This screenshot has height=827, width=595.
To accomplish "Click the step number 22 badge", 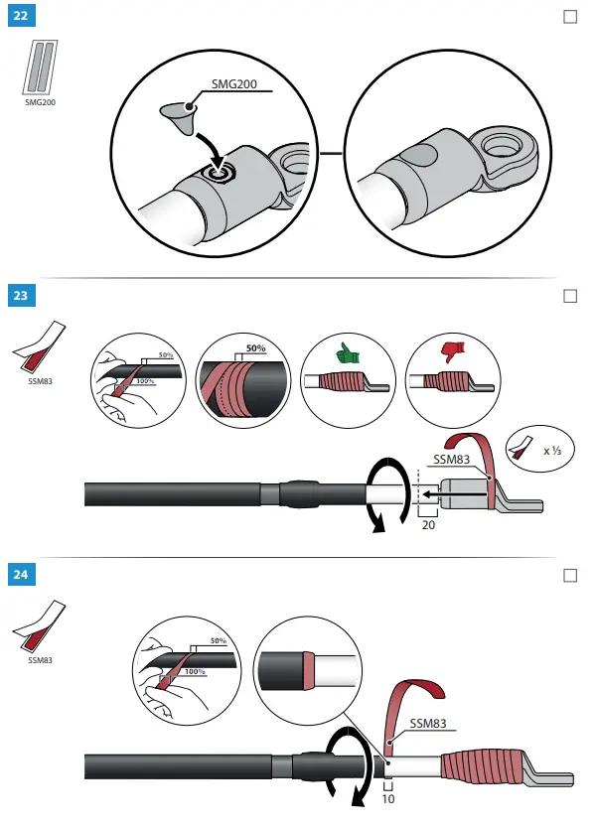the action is tap(22, 15).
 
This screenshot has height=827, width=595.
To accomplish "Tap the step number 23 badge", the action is tap(22, 295).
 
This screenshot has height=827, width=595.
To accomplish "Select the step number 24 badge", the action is tap(22, 574).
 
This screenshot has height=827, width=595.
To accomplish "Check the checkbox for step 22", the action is tap(570, 17).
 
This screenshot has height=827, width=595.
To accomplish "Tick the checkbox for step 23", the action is tap(570, 296).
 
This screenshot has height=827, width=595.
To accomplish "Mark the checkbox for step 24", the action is tap(570, 575).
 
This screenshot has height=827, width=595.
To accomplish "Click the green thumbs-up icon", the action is tap(348, 352).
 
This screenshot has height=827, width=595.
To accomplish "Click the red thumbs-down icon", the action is tap(453, 351).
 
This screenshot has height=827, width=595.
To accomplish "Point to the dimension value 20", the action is tap(428, 525).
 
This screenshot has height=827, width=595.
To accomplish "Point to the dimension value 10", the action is tap(388, 798).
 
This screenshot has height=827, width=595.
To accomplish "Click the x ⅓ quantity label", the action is tap(552, 451).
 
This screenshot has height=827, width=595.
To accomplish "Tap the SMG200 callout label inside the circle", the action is tap(234, 83).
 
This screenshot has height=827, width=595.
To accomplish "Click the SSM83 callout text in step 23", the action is tap(452, 460).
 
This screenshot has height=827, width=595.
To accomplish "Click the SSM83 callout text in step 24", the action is tap(428, 723).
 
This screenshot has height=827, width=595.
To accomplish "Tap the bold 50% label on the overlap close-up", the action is tap(256, 348).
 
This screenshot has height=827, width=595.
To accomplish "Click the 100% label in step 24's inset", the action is tap(195, 671).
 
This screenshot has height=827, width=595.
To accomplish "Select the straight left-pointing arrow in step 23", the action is tap(455, 494).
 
